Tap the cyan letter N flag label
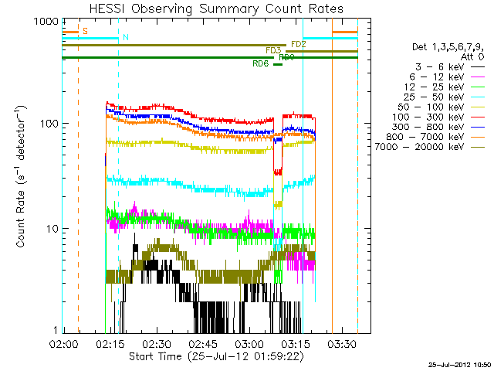[x=125, y=37]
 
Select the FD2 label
[x=299, y=44]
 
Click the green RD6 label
[x=260, y=64]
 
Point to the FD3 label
[x=272, y=50]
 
